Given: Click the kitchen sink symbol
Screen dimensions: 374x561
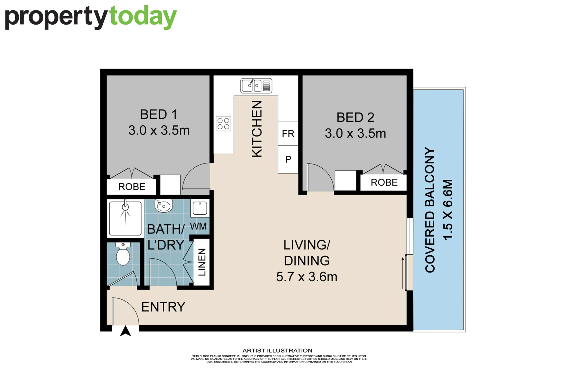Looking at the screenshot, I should pos(256,86).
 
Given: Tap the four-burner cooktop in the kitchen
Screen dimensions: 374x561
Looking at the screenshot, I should pos(223,124).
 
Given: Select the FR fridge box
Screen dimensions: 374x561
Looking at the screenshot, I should pos(288,134).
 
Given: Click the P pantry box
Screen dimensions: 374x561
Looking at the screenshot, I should pos(288,159).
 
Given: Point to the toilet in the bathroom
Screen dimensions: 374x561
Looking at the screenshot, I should pos(123,255).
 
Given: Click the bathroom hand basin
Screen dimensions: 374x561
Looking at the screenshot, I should pos(163,206).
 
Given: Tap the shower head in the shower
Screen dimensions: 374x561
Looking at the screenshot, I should pos(125,207).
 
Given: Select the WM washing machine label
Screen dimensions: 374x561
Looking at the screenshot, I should pos(198,226).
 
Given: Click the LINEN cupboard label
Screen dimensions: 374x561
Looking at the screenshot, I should pos(202,262).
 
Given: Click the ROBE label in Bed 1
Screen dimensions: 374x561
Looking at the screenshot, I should pos(132,187).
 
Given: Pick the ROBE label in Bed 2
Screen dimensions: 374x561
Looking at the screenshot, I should pos(384,182).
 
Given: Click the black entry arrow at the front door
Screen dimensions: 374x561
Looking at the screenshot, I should pos(126,331).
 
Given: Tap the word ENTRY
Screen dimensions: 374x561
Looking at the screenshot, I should pos(163,307).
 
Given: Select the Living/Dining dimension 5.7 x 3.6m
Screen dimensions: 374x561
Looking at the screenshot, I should pos(306,277).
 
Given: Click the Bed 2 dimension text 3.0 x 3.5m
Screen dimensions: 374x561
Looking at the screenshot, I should pos(355,133).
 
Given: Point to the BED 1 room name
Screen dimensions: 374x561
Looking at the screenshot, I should pos(159,115).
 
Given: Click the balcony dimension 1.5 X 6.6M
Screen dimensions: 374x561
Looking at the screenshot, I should pos(448,210).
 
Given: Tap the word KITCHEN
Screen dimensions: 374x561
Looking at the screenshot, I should pos(257,129).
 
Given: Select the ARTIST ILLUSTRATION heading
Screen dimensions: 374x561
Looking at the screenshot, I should pos(277,350).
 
